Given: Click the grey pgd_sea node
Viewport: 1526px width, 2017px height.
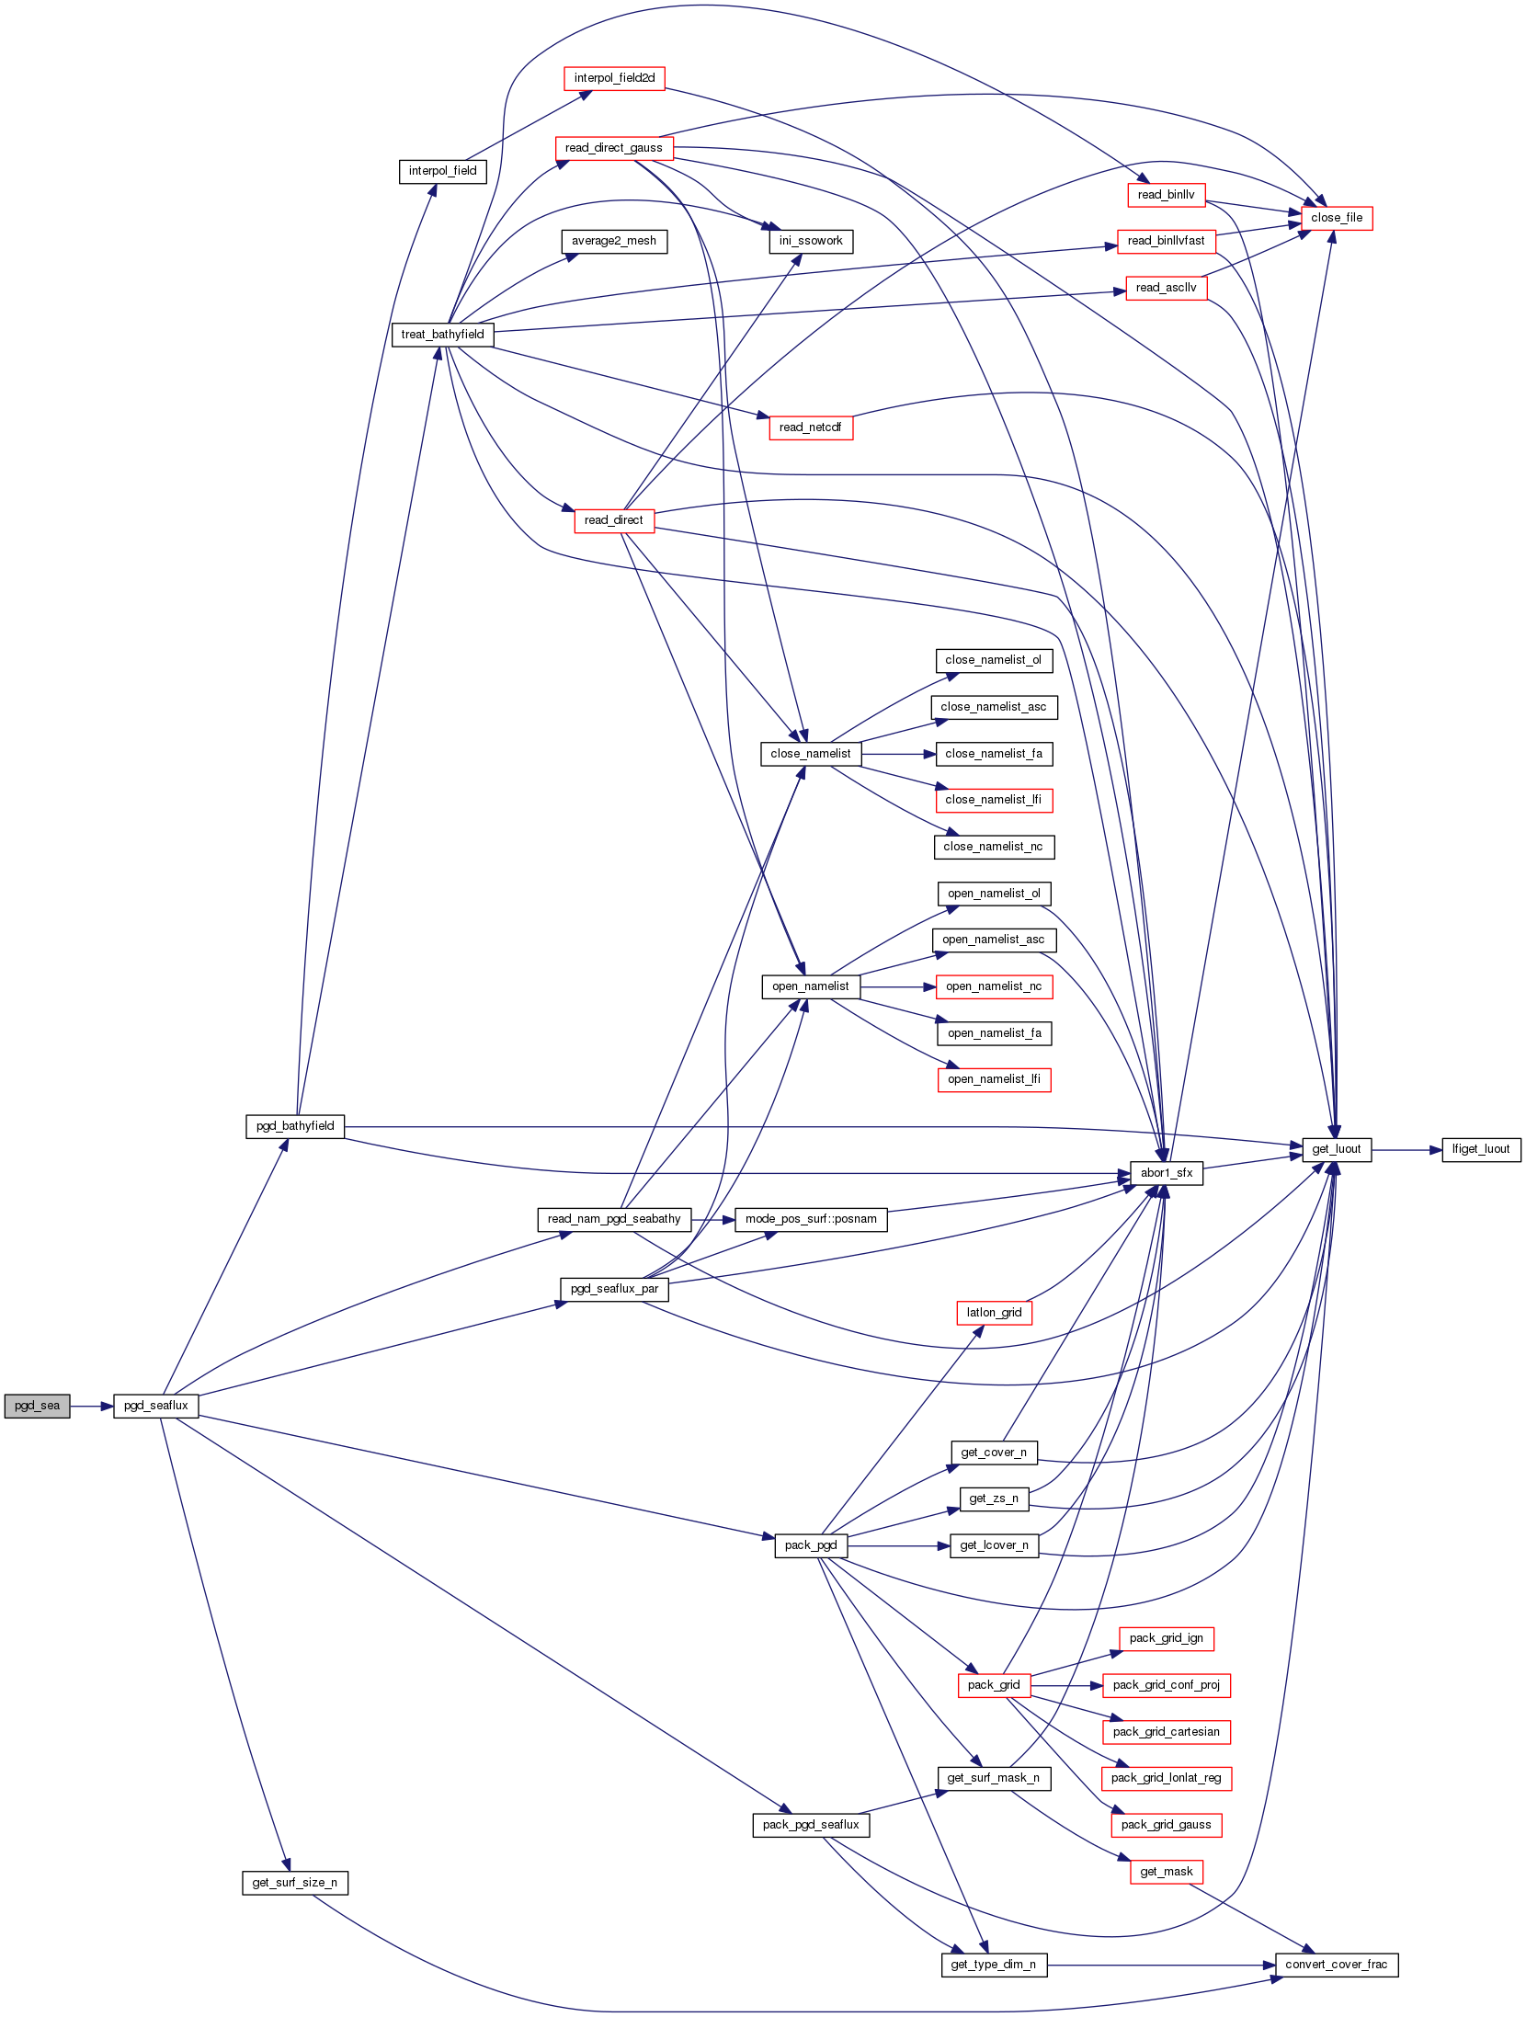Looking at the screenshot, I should tap(37, 1406).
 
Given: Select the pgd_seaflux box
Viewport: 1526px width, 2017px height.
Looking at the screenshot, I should tap(155, 1406).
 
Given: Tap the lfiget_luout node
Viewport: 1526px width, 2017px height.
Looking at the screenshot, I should tap(1480, 1149).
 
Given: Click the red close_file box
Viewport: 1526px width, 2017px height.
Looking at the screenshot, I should tap(1336, 218).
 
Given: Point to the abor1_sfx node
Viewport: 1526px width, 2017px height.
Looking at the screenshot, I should tap(1166, 1173).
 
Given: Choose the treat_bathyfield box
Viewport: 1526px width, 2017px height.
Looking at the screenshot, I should tap(442, 335).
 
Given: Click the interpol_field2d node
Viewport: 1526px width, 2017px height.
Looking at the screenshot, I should tap(614, 78).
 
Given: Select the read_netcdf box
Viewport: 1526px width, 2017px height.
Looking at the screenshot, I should tap(810, 427).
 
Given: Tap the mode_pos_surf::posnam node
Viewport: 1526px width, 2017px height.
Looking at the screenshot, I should tap(811, 1219).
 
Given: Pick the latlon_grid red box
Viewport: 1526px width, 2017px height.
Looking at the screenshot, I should tap(994, 1313).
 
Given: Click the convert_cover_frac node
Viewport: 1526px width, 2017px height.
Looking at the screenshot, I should tap(1336, 1965).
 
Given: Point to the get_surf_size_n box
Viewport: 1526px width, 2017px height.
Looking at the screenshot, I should tap(294, 1883).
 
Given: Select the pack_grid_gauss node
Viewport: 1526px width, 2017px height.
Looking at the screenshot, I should tap(1166, 1825).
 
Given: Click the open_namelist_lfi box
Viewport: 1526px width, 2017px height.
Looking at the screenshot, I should tap(994, 1079).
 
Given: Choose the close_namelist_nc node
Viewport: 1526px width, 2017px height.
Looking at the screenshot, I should tap(993, 847).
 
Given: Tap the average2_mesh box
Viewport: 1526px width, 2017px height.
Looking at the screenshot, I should tap(614, 241).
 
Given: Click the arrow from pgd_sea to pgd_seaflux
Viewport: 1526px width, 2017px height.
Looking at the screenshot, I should tap(91, 1406).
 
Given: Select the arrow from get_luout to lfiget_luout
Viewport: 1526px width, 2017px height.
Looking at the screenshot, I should tap(1406, 1149).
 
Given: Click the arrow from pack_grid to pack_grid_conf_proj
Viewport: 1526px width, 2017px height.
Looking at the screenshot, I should tap(1066, 1685).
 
